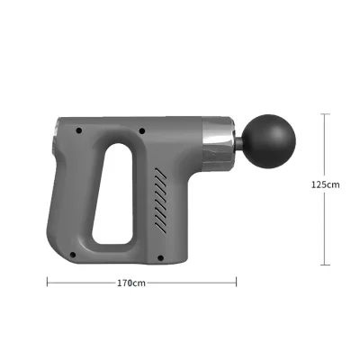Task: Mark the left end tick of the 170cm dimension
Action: (47, 282)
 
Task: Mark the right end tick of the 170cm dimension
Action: (237, 282)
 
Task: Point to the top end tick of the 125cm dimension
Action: (325, 114)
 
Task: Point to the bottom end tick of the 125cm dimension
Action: (325, 264)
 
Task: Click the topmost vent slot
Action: (163, 168)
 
